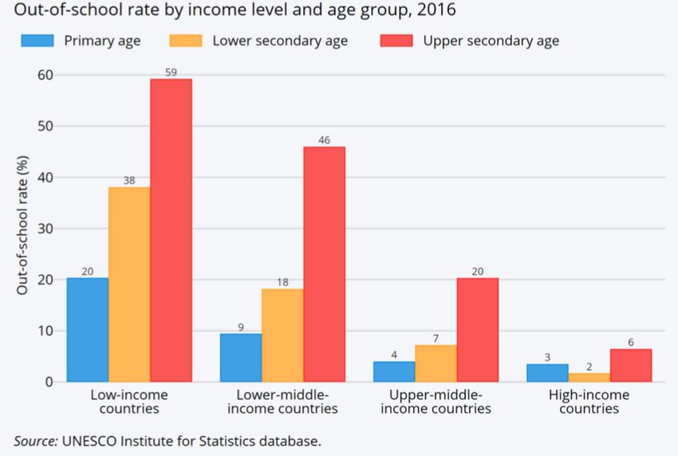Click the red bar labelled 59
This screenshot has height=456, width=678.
[171, 230]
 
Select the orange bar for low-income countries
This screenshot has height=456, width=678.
[129, 285]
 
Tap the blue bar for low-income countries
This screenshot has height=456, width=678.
[88, 330]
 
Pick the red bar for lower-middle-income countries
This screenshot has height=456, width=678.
[324, 264]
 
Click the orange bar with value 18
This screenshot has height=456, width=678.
[282, 335]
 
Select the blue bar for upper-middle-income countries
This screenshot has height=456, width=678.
[394, 371]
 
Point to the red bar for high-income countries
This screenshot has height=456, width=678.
[630, 366]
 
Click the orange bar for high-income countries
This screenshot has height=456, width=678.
[589, 377]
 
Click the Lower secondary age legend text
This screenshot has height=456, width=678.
[280, 41]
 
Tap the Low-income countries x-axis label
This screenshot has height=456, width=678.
[129, 402]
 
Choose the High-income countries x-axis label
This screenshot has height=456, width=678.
[589, 402]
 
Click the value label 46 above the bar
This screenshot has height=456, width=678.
[324, 140]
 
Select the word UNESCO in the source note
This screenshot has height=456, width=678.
[92, 440]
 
